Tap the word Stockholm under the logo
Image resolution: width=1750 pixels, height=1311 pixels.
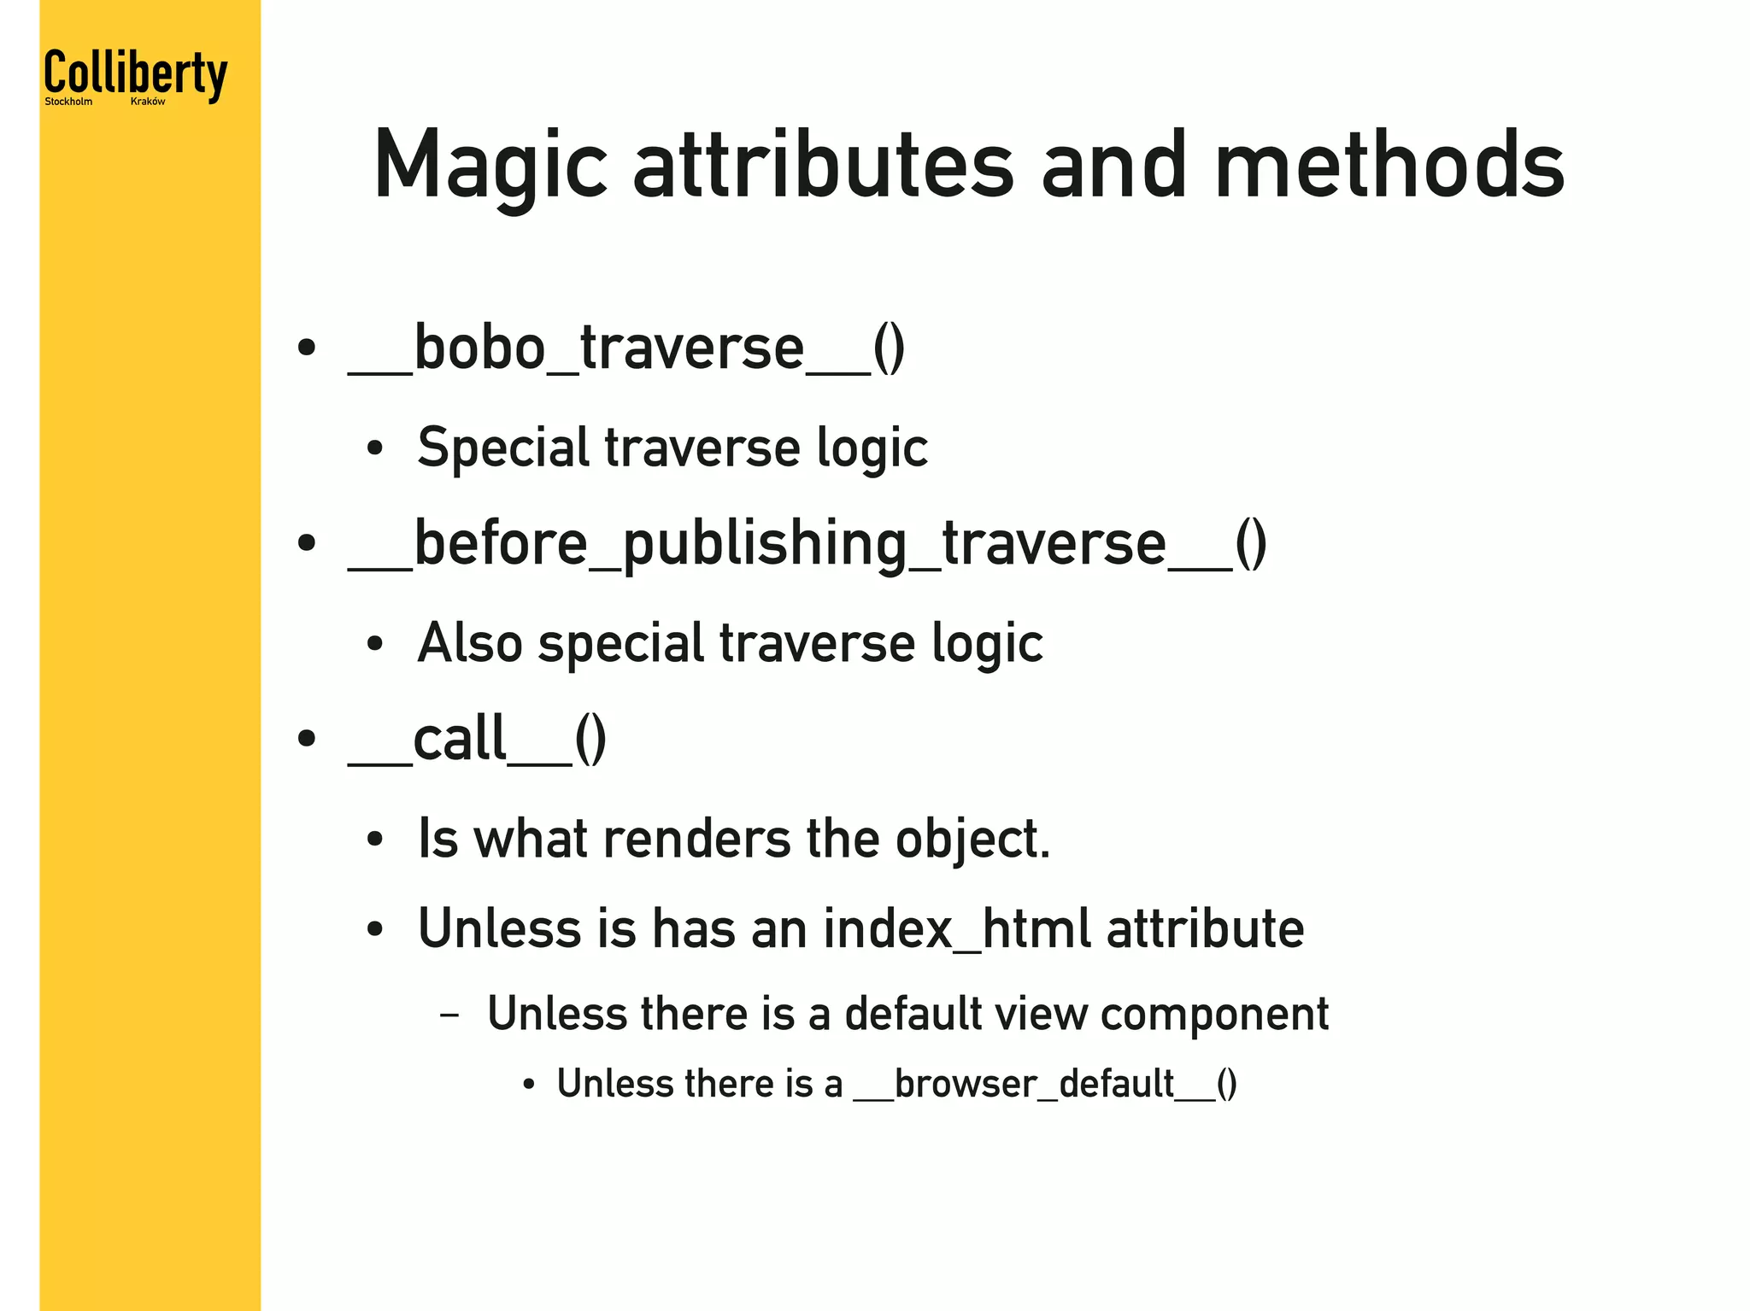click(x=68, y=102)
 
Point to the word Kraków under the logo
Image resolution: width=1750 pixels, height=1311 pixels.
click(x=148, y=102)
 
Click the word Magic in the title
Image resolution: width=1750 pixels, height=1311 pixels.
click(x=490, y=166)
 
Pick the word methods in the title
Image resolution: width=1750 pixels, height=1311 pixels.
click(x=1389, y=166)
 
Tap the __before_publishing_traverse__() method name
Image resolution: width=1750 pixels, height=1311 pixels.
click(x=807, y=544)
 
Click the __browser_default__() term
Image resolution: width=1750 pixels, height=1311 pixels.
click(x=1045, y=1084)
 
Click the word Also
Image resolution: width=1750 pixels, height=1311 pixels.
click(x=469, y=642)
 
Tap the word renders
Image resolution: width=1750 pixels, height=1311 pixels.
click(x=696, y=839)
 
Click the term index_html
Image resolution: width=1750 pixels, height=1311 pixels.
click(x=957, y=928)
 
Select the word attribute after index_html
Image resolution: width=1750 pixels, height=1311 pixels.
click(x=1205, y=928)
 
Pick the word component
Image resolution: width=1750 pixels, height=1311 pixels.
click(x=1214, y=1015)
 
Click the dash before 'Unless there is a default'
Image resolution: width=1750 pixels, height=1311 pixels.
click(x=449, y=1015)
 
